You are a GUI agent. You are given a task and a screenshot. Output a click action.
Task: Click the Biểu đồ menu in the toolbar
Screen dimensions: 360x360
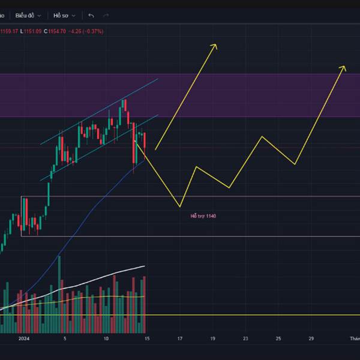click(x=28, y=16)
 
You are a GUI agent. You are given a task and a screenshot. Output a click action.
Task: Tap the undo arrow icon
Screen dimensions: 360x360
click(x=91, y=16)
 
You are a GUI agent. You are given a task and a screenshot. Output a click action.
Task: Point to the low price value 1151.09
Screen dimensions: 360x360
click(x=29, y=31)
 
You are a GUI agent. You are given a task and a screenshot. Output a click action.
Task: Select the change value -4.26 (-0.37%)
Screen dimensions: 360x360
click(x=86, y=31)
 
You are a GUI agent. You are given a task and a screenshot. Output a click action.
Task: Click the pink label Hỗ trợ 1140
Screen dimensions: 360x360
click(x=203, y=216)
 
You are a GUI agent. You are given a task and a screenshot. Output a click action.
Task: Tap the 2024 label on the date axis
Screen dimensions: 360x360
click(x=23, y=339)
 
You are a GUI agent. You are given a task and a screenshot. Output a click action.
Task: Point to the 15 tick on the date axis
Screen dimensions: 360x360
click(x=146, y=339)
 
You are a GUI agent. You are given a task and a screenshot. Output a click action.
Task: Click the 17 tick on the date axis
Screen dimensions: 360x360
click(x=179, y=339)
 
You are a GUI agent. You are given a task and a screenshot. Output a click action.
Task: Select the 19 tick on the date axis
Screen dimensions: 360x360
click(x=212, y=339)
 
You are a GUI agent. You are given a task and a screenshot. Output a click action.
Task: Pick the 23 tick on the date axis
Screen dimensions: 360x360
click(x=245, y=339)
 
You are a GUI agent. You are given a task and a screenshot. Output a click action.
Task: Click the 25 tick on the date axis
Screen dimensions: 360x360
click(x=278, y=339)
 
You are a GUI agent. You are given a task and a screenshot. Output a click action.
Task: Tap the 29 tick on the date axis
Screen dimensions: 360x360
click(x=311, y=339)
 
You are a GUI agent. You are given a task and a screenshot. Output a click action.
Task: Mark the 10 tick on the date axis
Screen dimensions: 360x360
click(x=106, y=339)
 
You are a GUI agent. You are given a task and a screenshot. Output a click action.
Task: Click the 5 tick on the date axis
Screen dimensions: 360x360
click(x=65, y=339)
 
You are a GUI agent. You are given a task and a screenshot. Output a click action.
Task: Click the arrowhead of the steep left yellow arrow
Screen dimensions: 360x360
click(x=215, y=45)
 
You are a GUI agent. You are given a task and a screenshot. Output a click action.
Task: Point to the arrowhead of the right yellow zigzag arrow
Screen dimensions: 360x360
click(x=344, y=67)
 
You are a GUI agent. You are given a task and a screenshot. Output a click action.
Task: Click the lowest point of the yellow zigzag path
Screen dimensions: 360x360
click(x=180, y=207)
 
